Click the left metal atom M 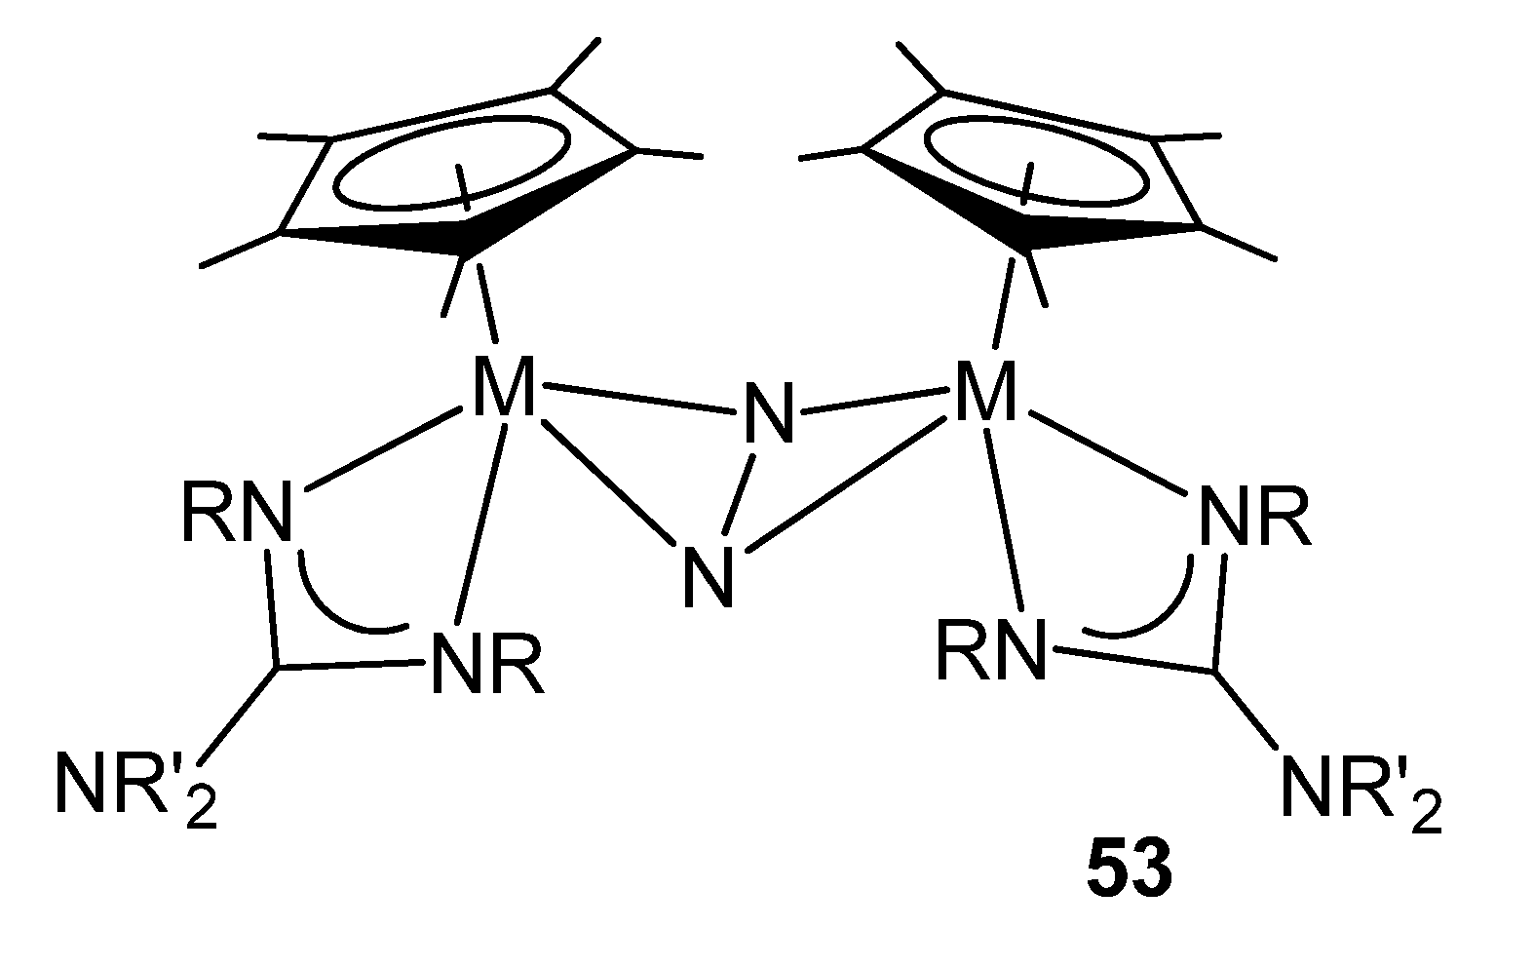click(503, 388)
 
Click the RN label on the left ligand click(236, 513)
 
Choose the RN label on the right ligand click(990, 651)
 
